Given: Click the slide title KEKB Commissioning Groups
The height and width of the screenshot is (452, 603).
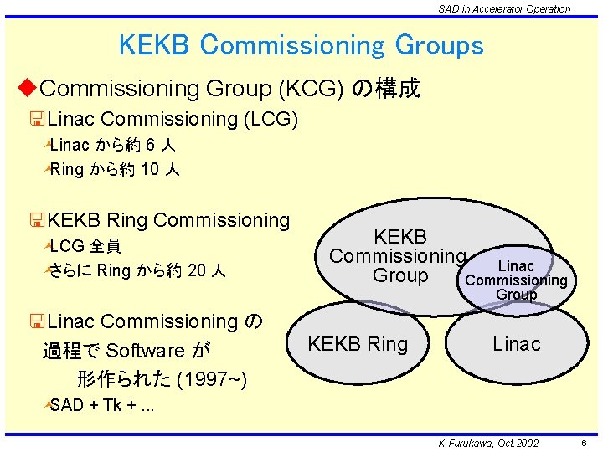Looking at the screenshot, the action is point(301,44).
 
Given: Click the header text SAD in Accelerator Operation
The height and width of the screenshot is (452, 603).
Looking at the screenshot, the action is point(504,8).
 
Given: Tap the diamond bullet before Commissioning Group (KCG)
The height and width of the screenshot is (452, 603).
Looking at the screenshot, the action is point(28,87).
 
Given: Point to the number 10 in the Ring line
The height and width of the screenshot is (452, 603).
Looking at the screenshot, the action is point(151,170).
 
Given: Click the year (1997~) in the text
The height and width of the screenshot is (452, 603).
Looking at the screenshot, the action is point(212,380).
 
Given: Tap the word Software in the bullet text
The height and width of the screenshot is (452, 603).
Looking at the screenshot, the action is point(146,350).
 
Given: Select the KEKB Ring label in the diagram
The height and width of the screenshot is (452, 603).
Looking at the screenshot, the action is point(358,344).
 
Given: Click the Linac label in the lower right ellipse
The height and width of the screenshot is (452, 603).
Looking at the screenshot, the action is point(517,344).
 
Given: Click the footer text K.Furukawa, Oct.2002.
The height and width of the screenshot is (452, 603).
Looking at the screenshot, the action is point(484,443).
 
